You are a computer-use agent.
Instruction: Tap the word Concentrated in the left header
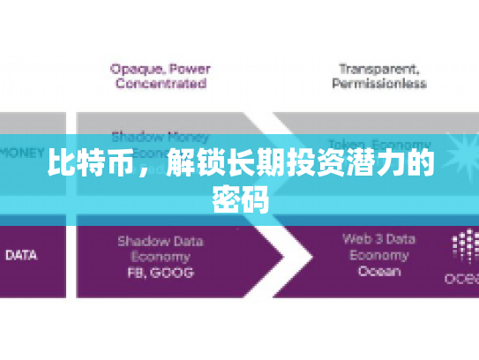(159, 84)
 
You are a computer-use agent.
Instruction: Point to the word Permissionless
(378, 84)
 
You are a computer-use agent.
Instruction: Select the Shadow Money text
(160, 137)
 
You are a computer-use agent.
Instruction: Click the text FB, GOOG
(160, 273)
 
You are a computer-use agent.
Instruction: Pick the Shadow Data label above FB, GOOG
(160, 240)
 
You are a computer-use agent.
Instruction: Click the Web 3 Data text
(378, 238)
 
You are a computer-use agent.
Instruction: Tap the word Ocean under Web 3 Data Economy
(378, 273)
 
